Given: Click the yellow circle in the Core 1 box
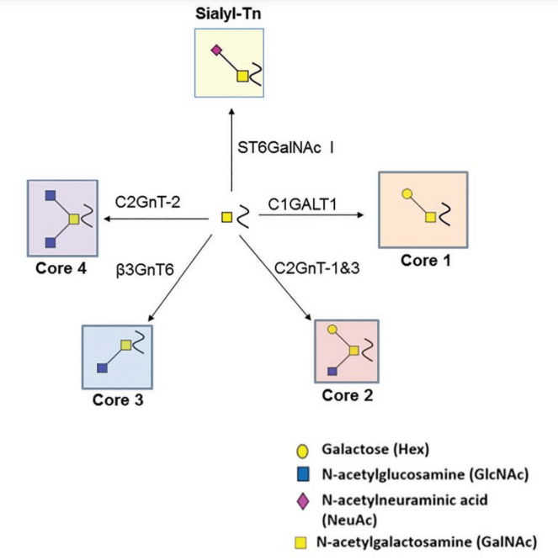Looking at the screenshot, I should pos(406,194).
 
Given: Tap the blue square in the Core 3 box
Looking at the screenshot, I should pos(101,367).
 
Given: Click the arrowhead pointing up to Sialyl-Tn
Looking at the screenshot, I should pos(231,110).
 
